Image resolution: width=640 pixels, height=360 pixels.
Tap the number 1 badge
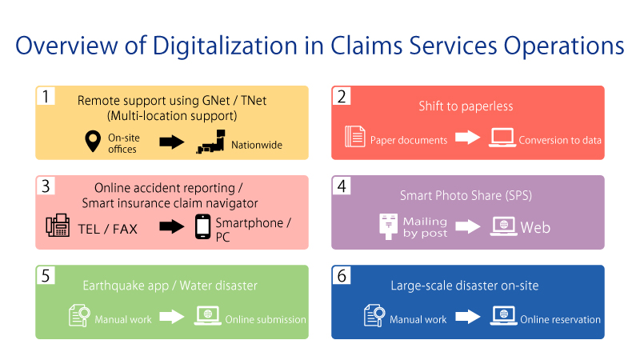[x=47, y=96]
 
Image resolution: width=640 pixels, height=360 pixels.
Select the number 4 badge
[x=342, y=186]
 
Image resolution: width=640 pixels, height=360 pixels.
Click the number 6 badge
[x=342, y=275]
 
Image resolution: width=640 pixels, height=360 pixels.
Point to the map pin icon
[x=93, y=142]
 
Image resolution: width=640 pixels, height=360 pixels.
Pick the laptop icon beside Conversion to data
[x=502, y=138]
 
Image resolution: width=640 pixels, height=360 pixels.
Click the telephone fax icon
[x=58, y=227]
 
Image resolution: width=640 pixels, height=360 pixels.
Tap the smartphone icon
[x=203, y=227]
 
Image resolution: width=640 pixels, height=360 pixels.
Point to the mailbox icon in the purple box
[x=389, y=226]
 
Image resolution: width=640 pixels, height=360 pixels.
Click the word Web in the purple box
[x=535, y=227]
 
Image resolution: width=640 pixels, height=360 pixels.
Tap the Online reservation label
[x=560, y=319]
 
